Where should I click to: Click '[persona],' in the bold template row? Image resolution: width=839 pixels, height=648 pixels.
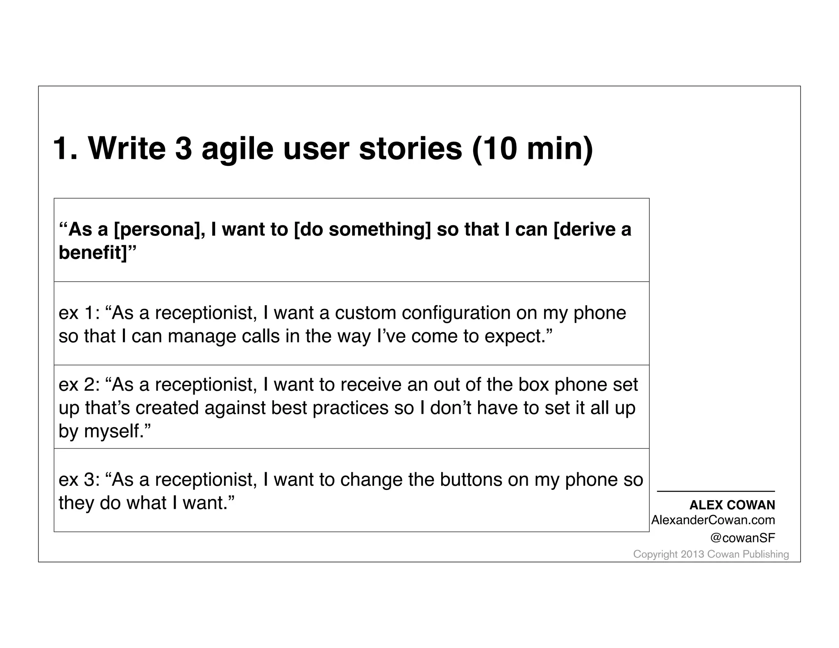(159, 229)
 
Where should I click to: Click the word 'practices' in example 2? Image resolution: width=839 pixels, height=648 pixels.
(350, 408)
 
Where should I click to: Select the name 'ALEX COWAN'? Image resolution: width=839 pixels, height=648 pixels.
(732, 505)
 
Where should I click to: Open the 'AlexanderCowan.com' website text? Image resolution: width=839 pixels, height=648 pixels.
(713, 520)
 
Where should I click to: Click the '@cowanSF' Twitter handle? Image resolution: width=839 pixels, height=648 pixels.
(743, 538)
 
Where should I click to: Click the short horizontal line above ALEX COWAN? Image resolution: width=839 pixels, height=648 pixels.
(716, 491)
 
